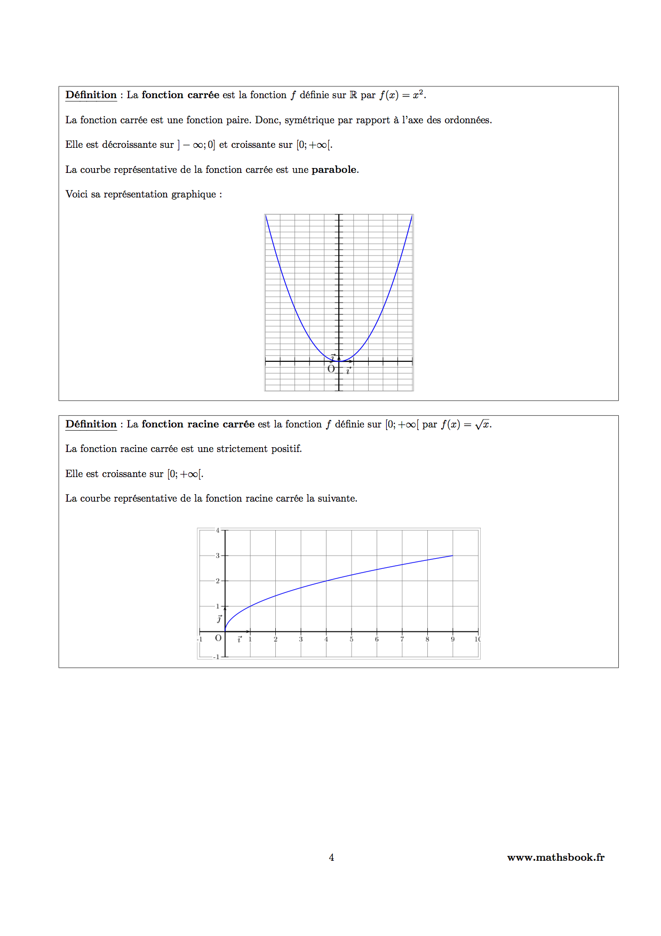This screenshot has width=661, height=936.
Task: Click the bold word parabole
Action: click(x=334, y=170)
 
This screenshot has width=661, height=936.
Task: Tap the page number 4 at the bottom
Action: click(x=331, y=858)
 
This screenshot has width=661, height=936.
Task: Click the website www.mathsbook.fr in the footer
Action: click(x=555, y=858)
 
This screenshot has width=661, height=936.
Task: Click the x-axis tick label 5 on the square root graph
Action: click(x=351, y=639)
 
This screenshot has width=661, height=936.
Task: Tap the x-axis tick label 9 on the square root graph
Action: click(x=452, y=639)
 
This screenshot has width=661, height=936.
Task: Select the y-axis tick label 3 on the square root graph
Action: click(x=218, y=556)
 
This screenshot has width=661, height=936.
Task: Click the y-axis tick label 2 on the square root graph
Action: click(x=218, y=581)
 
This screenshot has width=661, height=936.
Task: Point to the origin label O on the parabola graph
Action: click(x=331, y=369)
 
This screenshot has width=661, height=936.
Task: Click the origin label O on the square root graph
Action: click(x=218, y=638)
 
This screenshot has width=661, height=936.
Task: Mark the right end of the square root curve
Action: click(x=452, y=556)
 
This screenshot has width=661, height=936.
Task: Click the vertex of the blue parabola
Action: click(x=339, y=361)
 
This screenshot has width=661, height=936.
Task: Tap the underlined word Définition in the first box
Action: click(x=91, y=95)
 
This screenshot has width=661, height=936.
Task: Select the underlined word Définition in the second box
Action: click(x=91, y=424)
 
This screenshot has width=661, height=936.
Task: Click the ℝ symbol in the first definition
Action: click(x=353, y=95)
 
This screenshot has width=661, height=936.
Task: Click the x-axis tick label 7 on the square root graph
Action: click(x=402, y=639)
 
